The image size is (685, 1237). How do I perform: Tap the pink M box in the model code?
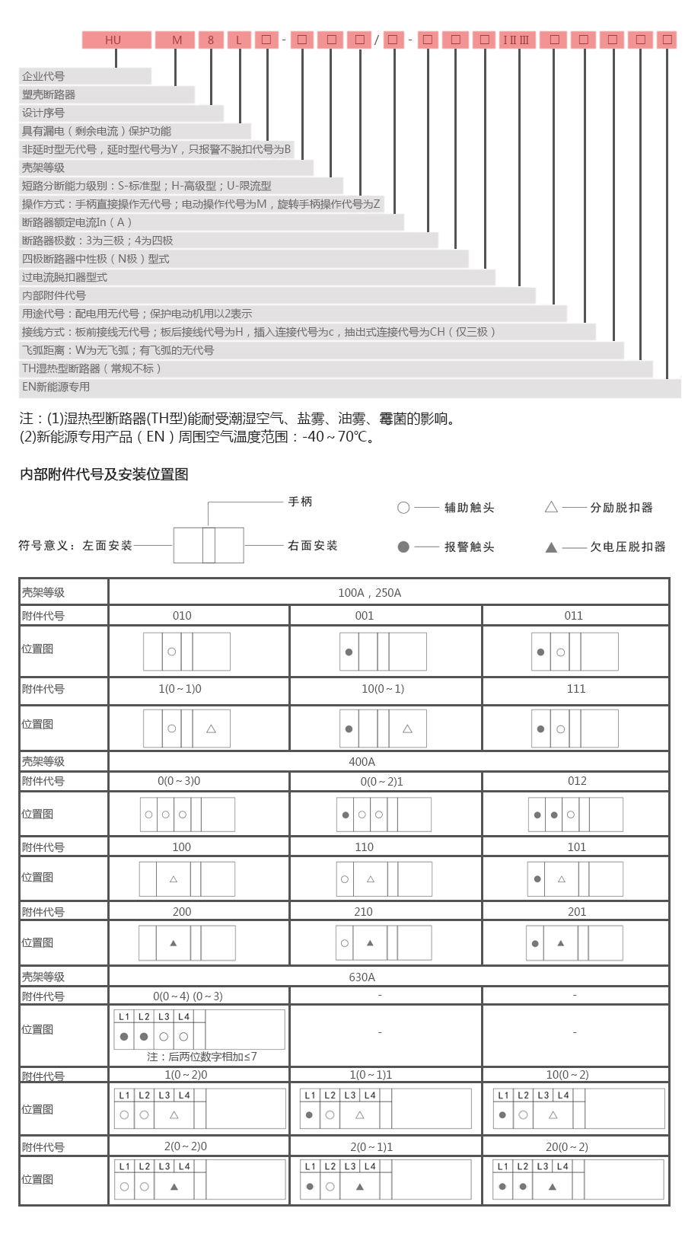(x=175, y=40)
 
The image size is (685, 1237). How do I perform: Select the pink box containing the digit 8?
(x=211, y=40)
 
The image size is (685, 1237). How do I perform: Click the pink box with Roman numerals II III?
(x=517, y=40)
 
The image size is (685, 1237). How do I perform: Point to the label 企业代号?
(x=43, y=76)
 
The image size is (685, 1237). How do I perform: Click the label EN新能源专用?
(x=56, y=387)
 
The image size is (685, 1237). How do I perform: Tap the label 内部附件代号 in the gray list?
(x=54, y=295)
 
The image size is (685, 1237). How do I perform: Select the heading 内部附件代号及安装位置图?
(x=104, y=474)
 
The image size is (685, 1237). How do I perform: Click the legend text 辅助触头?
(x=469, y=508)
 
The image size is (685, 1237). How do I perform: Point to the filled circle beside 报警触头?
(x=403, y=547)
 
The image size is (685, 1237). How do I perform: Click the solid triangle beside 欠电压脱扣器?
(x=551, y=547)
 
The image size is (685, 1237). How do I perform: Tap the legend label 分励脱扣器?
(x=621, y=508)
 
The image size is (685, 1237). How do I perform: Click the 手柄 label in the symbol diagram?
(x=300, y=502)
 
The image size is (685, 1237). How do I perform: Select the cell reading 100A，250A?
(x=369, y=593)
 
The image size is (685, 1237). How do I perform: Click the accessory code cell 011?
(x=574, y=616)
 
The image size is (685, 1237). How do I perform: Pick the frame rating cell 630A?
(x=362, y=977)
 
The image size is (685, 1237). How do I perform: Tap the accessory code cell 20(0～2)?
(x=567, y=1147)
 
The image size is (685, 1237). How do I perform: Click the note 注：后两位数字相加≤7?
(x=202, y=1057)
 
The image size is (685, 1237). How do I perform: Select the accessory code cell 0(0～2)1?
(x=381, y=782)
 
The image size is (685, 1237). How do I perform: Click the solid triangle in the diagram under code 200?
(x=174, y=943)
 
